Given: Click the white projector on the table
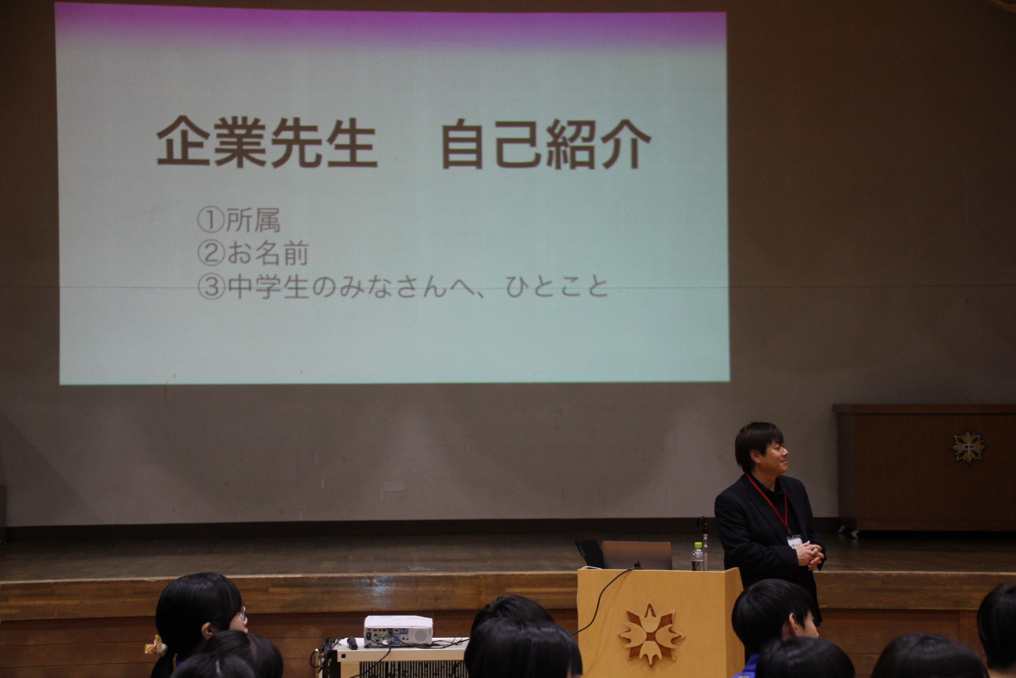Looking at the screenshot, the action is click(398, 631).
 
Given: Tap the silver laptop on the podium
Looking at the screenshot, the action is click(637, 555).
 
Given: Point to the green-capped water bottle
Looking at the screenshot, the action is click(697, 557).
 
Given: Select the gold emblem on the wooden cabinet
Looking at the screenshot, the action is click(968, 447).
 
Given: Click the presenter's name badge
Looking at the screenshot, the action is click(795, 541).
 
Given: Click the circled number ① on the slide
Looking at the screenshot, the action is click(211, 220).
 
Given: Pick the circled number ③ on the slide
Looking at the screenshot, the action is click(211, 287).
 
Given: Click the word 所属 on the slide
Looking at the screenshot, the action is click(253, 220).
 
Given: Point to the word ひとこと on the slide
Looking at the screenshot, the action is click(557, 287).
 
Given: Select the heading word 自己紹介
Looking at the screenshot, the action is click(546, 144).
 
